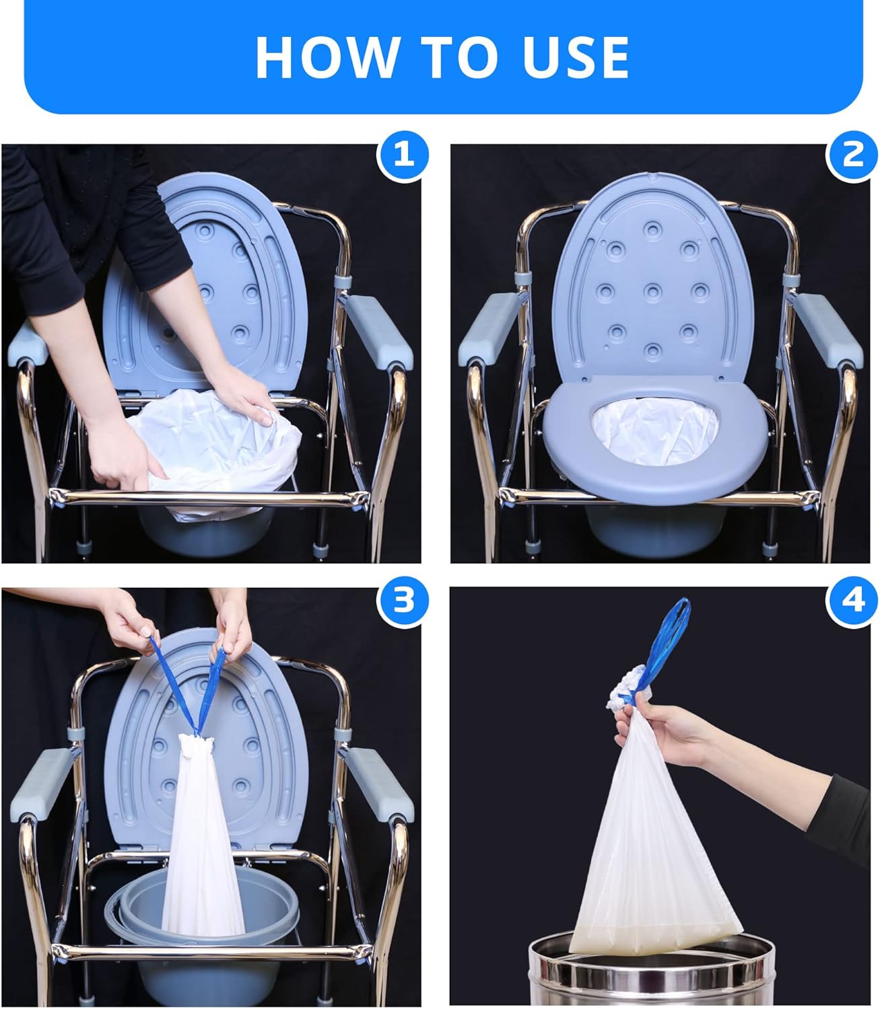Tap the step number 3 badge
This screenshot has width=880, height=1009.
(403, 600)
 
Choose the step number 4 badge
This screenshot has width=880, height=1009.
(852, 600)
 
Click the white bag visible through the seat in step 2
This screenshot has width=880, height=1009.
(653, 431)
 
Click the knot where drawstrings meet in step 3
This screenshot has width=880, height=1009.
(197, 730)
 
